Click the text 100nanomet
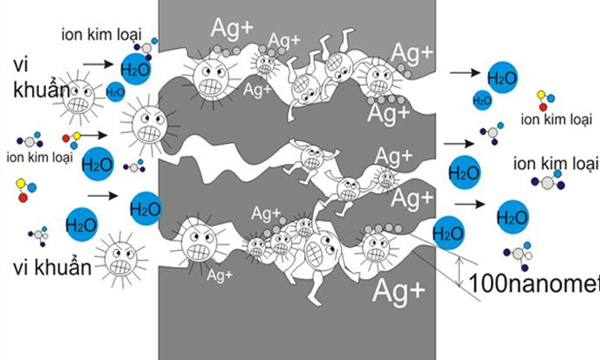[x=534, y=284]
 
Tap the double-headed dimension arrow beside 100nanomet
[x=460, y=272]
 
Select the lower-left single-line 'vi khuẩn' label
[x=52, y=267]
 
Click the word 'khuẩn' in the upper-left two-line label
[x=42, y=90]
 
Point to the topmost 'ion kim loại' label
[x=101, y=35]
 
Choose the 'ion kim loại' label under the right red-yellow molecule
[x=557, y=120]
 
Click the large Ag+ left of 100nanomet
[x=398, y=291]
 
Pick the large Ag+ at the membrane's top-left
[x=231, y=27]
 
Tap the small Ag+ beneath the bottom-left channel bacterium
[x=220, y=275]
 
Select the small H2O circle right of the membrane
[x=482, y=100]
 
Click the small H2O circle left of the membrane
[x=115, y=92]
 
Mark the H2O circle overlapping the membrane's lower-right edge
[x=448, y=233]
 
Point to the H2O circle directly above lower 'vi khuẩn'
[x=82, y=224]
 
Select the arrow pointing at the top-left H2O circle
[x=98, y=64]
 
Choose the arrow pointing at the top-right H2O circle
[x=465, y=72]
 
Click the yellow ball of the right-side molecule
[x=542, y=95]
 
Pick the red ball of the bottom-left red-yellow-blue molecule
[x=23, y=198]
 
